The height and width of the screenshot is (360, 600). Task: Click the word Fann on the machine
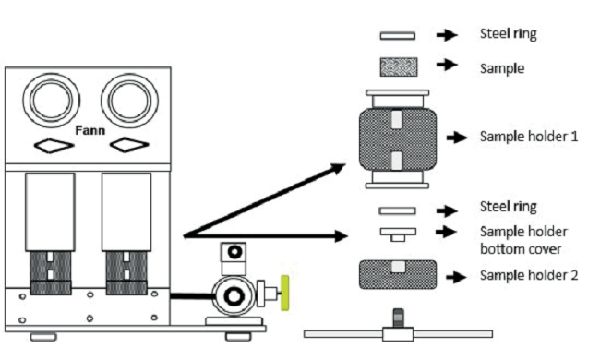[x=90, y=131]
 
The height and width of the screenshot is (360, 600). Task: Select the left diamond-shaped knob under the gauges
[x=54, y=145]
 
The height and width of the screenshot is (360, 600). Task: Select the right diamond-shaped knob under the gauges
[x=129, y=145]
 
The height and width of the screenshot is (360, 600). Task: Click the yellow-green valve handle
[x=285, y=293]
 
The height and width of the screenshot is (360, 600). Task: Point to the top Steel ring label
[x=509, y=33]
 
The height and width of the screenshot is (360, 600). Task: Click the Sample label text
[x=502, y=69]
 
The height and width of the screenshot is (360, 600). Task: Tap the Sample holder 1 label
[x=529, y=137]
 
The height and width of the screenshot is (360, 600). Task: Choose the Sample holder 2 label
[x=529, y=275]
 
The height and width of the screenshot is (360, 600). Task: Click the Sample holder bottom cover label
[x=523, y=240]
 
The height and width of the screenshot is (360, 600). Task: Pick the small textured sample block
[x=399, y=67]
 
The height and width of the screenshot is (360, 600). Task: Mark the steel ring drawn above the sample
[x=398, y=36]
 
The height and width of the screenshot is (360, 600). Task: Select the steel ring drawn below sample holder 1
[x=397, y=210]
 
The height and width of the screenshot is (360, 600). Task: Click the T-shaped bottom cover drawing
[x=398, y=234]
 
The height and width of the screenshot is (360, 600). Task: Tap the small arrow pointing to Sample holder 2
[x=456, y=277]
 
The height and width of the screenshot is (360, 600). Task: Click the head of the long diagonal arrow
[x=339, y=168]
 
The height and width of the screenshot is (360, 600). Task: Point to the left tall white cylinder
[x=50, y=212]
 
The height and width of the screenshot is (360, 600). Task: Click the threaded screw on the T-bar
[x=399, y=318]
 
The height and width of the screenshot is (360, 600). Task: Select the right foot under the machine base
[x=238, y=337]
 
